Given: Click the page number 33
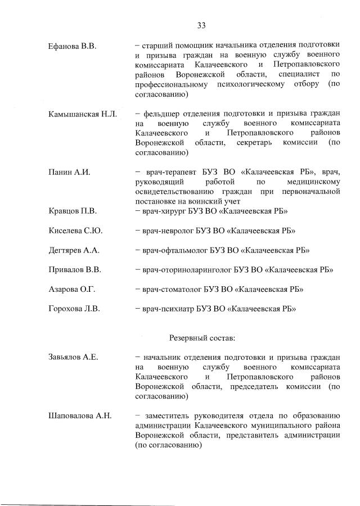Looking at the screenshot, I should click(x=201, y=25).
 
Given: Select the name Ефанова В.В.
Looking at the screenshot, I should click(x=73, y=46).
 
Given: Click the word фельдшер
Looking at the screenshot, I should click(x=163, y=115).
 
